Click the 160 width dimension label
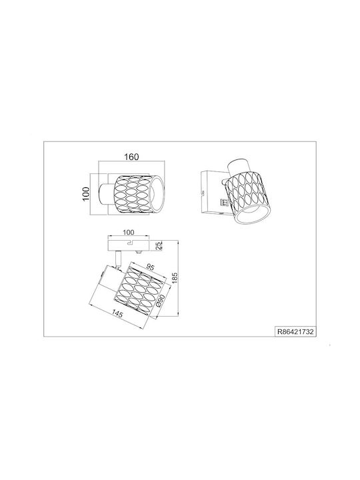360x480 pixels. tap(131, 157)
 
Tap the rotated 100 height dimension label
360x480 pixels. tap(86, 194)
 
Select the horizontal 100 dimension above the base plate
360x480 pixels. tap(128, 233)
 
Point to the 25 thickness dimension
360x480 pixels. tap(158, 246)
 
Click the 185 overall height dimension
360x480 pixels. tap(175, 279)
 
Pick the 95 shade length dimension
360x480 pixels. tap(150, 267)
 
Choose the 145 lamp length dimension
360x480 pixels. tap(117, 313)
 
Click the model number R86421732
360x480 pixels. tap(295, 331)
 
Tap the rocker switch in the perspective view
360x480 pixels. tap(223, 202)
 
